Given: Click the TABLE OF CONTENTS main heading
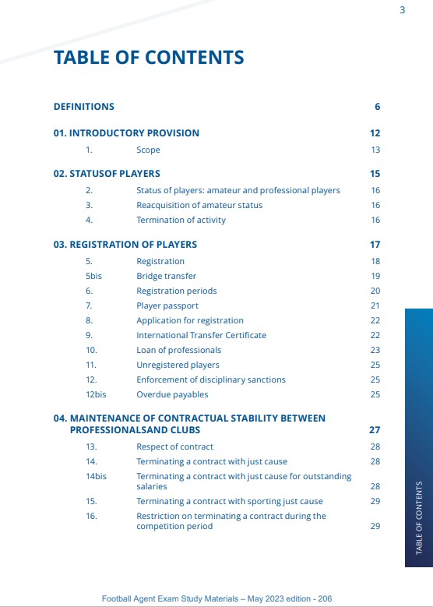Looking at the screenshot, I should tap(149, 58).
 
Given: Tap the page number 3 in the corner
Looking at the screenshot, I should tap(402, 10).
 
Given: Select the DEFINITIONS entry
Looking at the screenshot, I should tap(83, 107).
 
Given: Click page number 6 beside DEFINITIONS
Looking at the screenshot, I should tap(377, 107).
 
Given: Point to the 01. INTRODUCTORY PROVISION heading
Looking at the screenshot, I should tap(126, 133).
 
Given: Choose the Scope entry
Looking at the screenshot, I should tap(148, 150).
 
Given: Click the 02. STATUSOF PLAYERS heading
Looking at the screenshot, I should tap(107, 174).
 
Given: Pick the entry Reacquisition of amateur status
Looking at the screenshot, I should tap(199, 205).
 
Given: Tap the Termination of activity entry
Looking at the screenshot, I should tap(181, 220).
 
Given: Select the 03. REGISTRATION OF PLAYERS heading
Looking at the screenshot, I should tap(125, 245).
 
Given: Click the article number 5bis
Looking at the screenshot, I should tap(93, 276).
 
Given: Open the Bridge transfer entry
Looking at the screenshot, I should tap(166, 276).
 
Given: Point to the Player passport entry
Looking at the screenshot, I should tap(167, 305).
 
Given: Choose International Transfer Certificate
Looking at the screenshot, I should tap(201, 335).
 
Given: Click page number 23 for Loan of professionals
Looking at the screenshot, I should tap(375, 350).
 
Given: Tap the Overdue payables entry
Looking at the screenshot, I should tap(172, 394).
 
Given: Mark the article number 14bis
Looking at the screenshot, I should tap(96, 475).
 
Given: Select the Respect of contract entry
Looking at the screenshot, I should tap(174, 446).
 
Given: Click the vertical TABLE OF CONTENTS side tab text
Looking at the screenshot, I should tap(419, 518).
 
